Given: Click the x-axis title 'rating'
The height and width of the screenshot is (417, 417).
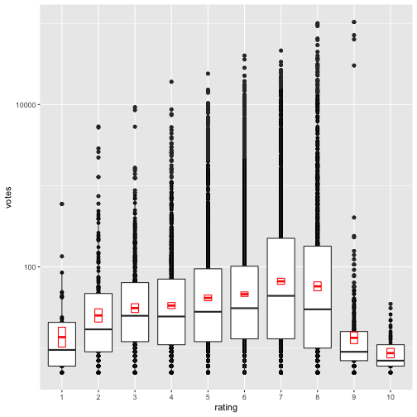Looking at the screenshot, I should coord(226,408).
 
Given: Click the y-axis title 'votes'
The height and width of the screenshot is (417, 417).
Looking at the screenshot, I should coord(8,199).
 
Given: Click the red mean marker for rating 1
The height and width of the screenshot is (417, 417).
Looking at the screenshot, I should coord(62,337).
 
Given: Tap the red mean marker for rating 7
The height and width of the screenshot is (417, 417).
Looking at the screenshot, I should coord(280,281).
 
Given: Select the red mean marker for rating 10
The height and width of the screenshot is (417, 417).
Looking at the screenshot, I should coord(391,353).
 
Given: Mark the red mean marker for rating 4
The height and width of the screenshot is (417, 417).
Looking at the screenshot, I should coord(171,306).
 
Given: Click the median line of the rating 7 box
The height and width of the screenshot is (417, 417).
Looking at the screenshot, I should coord(280,295).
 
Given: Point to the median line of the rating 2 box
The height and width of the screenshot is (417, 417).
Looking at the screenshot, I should coord(98,329).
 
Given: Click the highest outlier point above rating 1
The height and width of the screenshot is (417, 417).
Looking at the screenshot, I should coord(62,204).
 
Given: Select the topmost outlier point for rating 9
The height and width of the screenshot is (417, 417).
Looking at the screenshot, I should coord(354,22).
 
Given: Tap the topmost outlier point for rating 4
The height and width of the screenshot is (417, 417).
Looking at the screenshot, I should coord(171,82).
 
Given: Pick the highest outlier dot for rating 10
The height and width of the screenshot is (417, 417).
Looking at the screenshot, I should coord(391,304).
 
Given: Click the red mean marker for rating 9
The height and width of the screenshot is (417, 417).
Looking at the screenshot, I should coord(354,338).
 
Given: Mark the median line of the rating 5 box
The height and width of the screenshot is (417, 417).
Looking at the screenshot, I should coord(208,311).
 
